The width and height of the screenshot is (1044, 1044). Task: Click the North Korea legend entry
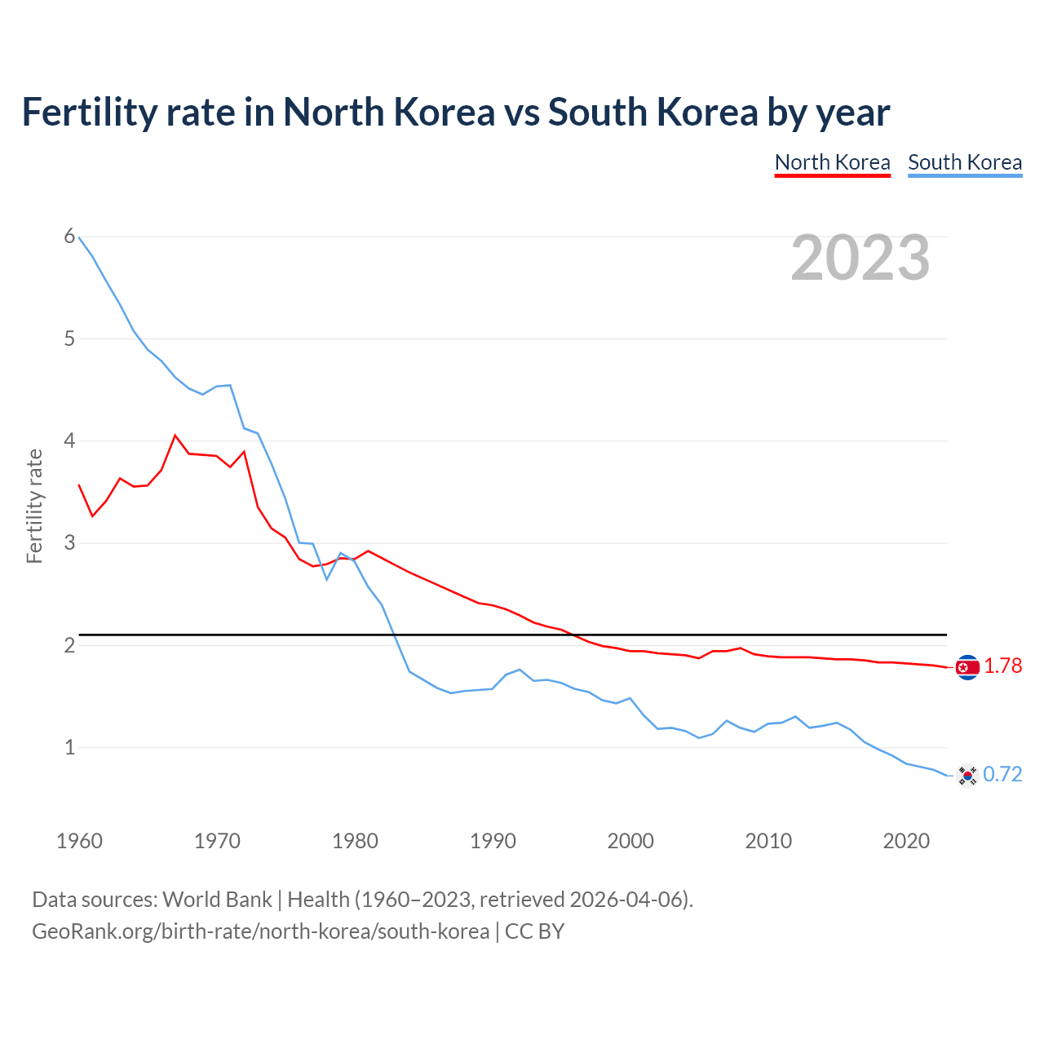point(832,162)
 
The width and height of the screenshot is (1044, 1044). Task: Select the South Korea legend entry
point(965,162)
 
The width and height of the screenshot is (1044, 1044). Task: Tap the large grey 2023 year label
point(860,258)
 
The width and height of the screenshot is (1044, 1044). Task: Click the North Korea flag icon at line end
point(967,667)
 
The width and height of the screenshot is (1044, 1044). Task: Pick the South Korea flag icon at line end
point(967,775)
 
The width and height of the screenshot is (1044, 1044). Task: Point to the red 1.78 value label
point(1002,666)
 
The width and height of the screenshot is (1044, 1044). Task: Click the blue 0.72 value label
point(1002,774)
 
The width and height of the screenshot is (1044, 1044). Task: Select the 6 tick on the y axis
point(69,237)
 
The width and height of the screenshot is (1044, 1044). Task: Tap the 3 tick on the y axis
point(69,542)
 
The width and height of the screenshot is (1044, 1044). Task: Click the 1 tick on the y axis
point(69,747)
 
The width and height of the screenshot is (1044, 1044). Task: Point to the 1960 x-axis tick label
point(79,841)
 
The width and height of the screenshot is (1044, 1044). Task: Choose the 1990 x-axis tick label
point(493,841)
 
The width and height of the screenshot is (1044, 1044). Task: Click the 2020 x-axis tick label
point(906,841)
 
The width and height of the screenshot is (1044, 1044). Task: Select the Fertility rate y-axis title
point(34,506)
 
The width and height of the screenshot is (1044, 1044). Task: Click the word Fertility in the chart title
point(89,112)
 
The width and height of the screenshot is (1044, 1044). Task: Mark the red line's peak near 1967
point(175,436)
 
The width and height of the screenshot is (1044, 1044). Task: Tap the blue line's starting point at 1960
point(79,237)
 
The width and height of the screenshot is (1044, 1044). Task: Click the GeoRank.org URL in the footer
point(260,931)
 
